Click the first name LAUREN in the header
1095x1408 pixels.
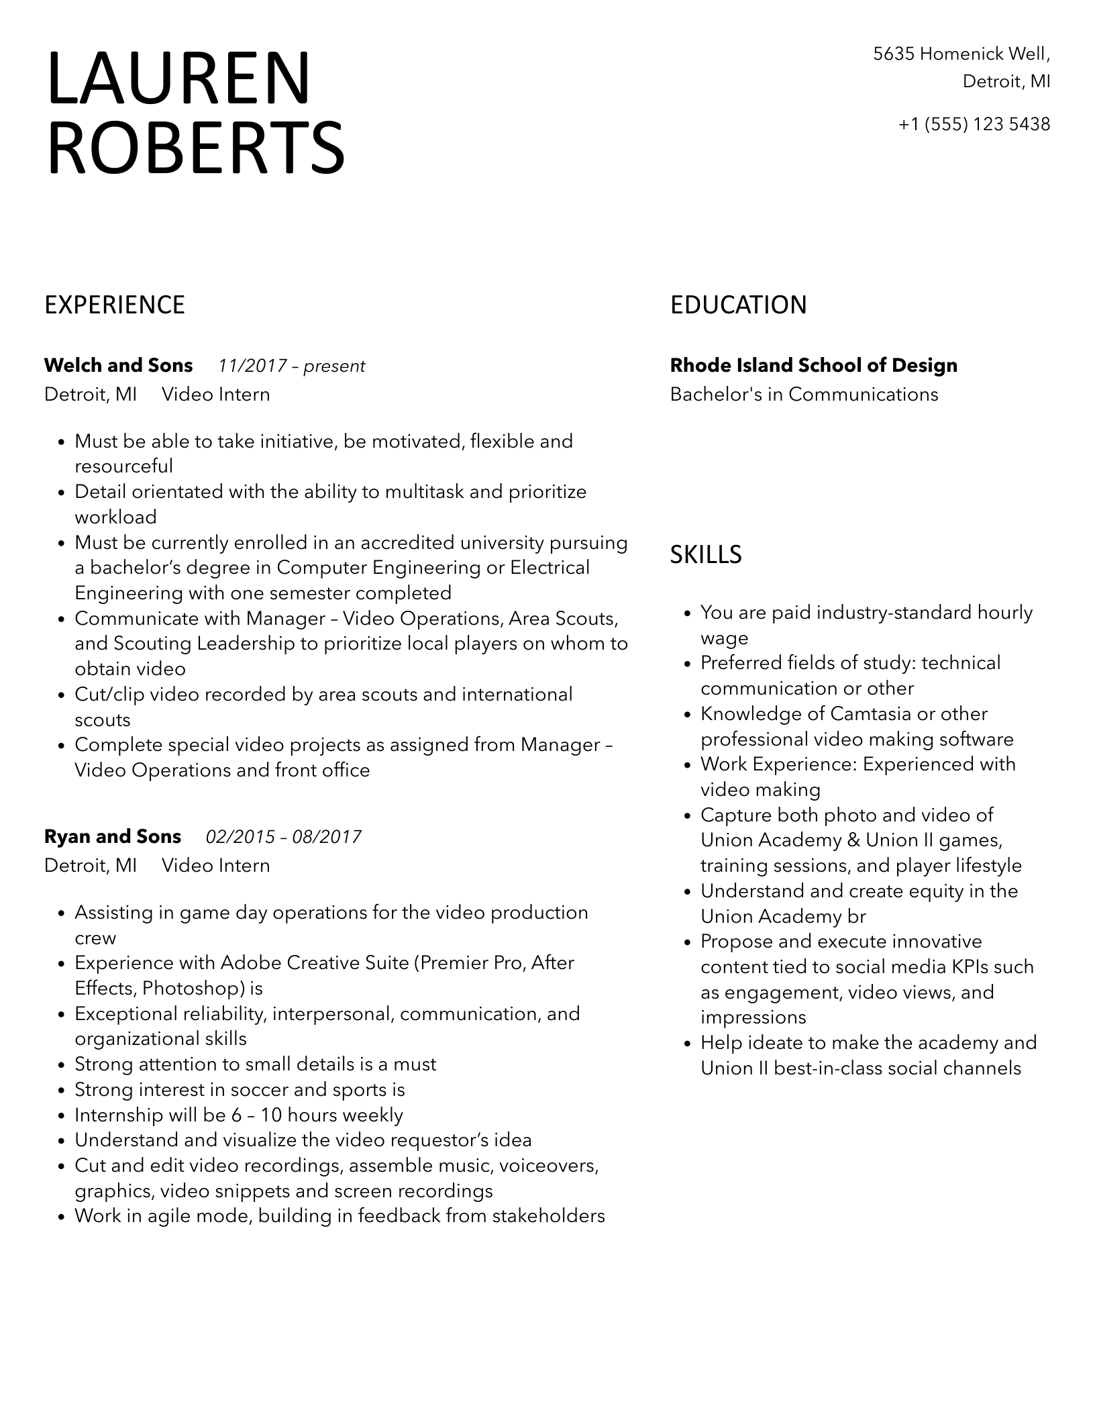pyautogui.click(x=178, y=79)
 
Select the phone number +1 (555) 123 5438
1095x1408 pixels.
pyautogui.click(x=974, y=124)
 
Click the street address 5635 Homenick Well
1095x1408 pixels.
pyautogui.click(x=961, y=54)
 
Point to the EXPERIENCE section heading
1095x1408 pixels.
pyautogui.click(x=115, y=305)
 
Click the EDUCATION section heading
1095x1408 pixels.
pyautogui.click(x=738, y=305)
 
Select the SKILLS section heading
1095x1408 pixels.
pyautogui.click(x=706, y=554)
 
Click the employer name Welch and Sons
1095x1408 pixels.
pyautogui.click(x=118, y=366)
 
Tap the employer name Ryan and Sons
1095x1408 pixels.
pyautogui.click(x=113, y=837)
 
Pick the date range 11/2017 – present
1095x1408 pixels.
pyautogui.click(x=291, y=366)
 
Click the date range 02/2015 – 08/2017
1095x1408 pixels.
pyautogui.click(x=283, y=838)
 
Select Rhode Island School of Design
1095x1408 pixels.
pyautogui.click(x=813, y=366)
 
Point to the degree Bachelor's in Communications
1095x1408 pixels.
pyautogui.click(x=804, y=395)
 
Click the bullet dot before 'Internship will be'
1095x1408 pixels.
pyautogui.click(x=61, y=1117)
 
